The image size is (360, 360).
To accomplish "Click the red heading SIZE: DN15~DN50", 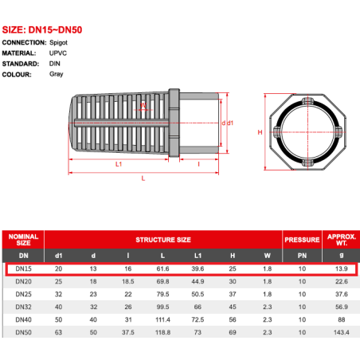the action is tap(42, 29).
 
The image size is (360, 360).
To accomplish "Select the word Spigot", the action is tap(58, 43).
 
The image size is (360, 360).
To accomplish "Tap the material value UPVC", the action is tap(58, 53).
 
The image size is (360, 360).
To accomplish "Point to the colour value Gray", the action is tap(57, 74).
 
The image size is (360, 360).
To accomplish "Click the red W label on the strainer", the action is tap(143, 105).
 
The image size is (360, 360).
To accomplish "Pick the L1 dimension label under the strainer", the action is tap(119, 164).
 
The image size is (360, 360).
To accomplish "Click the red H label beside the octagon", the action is tap(260, 132).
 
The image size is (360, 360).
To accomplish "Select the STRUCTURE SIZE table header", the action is tap(163, 240).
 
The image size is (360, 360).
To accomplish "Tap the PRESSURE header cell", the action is tap(302, 240).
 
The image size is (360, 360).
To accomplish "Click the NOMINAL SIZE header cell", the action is tap(23, 240).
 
